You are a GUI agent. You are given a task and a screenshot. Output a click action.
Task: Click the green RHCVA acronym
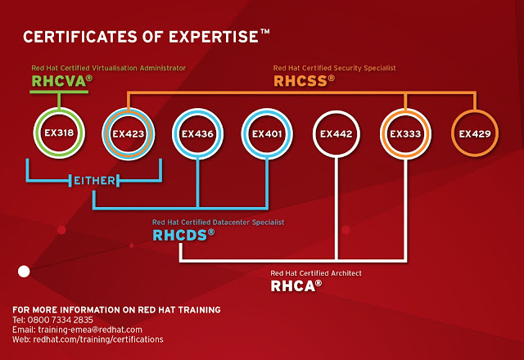[60, 81]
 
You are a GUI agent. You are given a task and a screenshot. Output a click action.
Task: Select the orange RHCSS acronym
[303, 81]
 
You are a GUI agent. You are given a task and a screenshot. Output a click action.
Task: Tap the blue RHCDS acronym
[182, 235]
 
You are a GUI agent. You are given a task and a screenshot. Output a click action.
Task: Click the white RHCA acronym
[294, 286]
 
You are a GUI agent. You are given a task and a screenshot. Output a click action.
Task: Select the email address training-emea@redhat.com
[84, 329]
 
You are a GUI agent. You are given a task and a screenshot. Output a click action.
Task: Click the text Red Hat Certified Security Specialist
[334, 68]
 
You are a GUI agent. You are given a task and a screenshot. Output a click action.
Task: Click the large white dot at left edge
[24, 270]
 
